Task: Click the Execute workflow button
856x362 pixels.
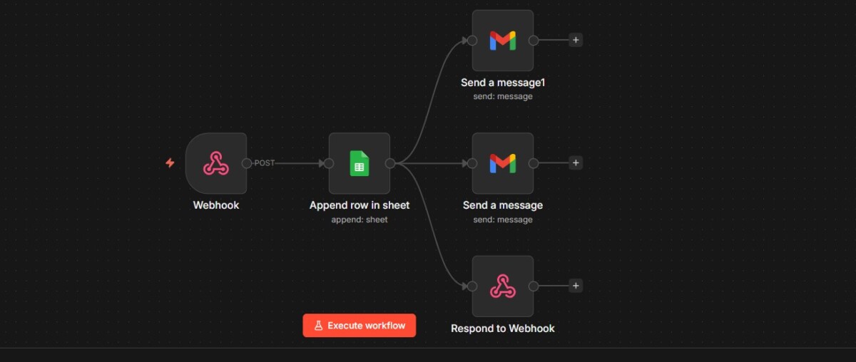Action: pyautogui.click(x=360, y=326)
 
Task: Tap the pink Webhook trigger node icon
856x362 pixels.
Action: pyautogui.click(x=216, y=163)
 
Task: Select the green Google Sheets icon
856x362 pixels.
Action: pyautogui.click(x=360, y=163)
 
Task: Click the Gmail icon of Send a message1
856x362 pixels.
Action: pyautogui.click(x=502, y=41)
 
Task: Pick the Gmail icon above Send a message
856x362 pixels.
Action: pyautogui.click(x=502, y=163)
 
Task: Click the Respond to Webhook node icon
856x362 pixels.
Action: pyautogui.click(x=502, y=286)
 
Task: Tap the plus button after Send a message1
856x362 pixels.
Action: pyautogui.click(x=576, y=40)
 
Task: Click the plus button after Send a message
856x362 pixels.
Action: pyautogui.click(x=576, y=163)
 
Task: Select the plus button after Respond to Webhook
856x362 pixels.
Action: pyautogui.click(x=576, y=286)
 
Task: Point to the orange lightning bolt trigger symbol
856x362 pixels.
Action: pyautogui.click(x=170, y=163)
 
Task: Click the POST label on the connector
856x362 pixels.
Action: pyautogui.click(x=265, y=163)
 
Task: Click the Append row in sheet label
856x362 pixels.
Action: pyautogui.click(x=360, y=205)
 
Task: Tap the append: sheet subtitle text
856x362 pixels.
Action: pyautogui.click(x=360, y=219)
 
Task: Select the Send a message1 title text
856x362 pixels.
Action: pyautogui.click(x=502, y=83)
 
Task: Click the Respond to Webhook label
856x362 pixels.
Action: pyautogui.click(x=502, y=329)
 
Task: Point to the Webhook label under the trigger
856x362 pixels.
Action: pyautogui.click(x=216, y=205)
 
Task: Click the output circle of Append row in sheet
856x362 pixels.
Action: pyautogui.click(x=390, y=163)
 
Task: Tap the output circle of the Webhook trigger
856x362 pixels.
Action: pyautogui.click(x=247, y=163)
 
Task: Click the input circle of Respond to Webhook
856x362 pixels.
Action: pyautogui.click(x=472, y=286)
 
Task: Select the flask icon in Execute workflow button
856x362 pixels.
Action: pyautogui.click(x=318, y=326)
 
